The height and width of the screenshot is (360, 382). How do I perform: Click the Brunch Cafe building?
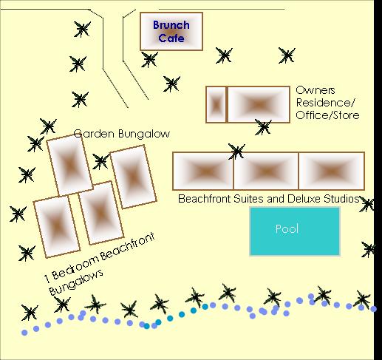pos(171,31)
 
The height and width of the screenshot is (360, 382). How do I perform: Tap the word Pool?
pos(287,229)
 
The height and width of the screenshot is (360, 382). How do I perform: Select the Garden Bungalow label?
pos(122,134)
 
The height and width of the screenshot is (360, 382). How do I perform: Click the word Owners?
pos(316,90)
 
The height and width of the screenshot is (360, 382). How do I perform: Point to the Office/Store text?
pos(327,115)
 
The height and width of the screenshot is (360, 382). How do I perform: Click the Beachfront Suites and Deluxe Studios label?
pos(268,199)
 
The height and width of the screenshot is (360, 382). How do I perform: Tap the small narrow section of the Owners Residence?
pos(216,104)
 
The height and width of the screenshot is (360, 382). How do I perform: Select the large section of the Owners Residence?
pos(259,104)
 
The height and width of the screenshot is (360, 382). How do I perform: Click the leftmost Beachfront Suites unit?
pos(203,171)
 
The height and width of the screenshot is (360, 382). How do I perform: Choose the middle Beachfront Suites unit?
pos(266,171)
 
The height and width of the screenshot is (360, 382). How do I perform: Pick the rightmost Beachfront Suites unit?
pos(332,171)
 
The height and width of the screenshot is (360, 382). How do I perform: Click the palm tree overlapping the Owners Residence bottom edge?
pos(263,127)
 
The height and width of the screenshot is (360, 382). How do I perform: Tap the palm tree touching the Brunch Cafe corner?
pos(149,59)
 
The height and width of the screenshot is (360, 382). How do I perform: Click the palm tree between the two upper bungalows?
pos(100,161)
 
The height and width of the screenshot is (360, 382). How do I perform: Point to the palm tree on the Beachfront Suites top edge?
pos(236,152)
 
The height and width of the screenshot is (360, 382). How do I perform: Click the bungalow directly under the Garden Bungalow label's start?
pos(69,166)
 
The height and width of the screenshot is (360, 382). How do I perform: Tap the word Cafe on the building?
pos(171,38)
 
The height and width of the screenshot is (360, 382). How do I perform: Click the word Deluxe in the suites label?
pos(304,199)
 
